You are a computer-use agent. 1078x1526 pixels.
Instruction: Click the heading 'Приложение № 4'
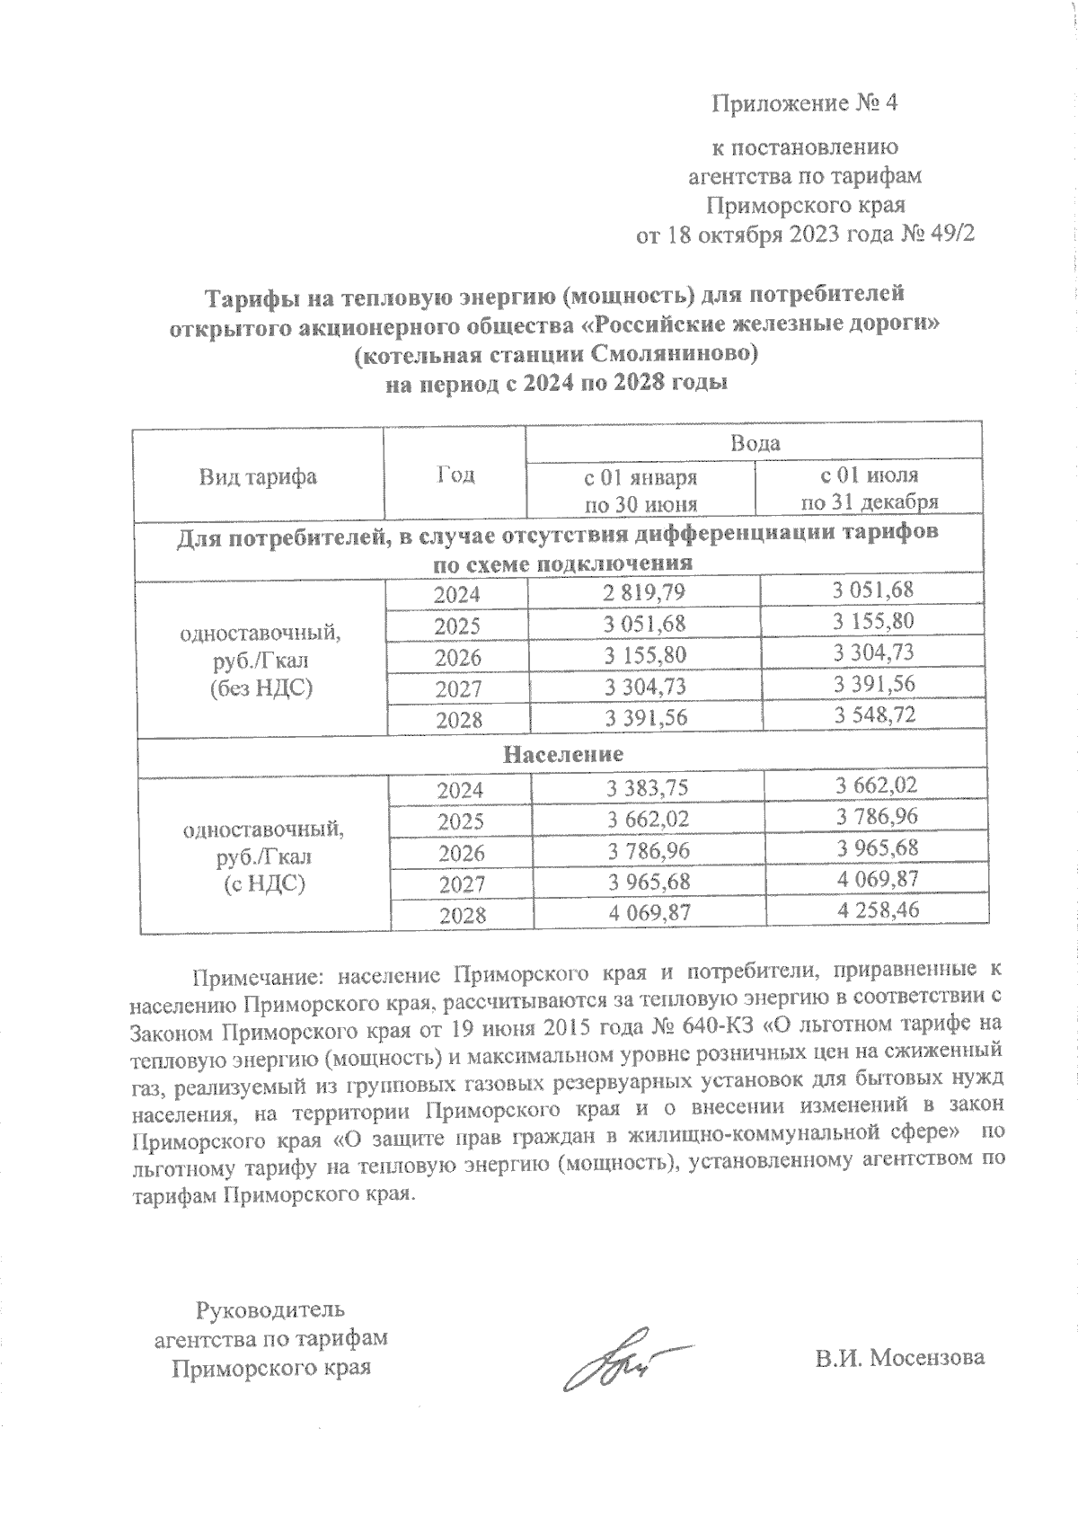coord(804,103)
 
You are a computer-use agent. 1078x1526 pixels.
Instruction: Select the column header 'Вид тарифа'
coord(257,476)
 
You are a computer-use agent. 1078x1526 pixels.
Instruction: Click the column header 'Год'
coord(455,475)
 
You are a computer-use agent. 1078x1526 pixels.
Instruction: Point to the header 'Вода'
coord(755,443)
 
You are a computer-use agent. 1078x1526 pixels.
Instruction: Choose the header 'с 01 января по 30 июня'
coord(640,490)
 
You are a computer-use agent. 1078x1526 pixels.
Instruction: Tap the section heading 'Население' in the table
coord(562,753)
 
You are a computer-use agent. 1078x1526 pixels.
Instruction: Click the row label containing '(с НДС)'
coord(263,884)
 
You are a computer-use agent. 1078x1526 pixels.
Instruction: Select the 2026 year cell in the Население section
coord(460,853)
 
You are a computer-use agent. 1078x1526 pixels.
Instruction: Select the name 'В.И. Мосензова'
coord(899,1357)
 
